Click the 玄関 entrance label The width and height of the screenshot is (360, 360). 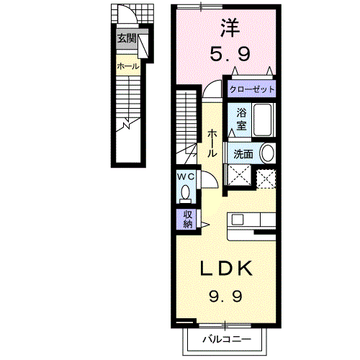127,38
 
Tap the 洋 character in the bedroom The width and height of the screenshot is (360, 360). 230,27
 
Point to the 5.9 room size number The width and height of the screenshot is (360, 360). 230,53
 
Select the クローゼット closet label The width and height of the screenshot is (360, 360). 252,89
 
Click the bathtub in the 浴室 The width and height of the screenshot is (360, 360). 263,120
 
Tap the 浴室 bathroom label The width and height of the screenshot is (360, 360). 241,119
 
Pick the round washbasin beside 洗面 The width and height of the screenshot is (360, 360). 268,153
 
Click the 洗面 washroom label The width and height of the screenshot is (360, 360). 243,154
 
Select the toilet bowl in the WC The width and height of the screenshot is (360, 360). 185,194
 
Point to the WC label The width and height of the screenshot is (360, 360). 186,177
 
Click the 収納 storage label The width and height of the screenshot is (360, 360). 188,219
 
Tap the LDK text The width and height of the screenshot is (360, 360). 226,268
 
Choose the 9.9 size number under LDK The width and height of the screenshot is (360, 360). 225,296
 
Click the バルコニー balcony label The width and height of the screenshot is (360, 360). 227,339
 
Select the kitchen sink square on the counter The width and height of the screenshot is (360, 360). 238,220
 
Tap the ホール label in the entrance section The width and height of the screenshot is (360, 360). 128,66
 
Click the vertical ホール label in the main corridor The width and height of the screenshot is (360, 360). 212,143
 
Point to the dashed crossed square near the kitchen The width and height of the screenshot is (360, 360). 266,179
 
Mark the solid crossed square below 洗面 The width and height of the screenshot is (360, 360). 239,175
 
